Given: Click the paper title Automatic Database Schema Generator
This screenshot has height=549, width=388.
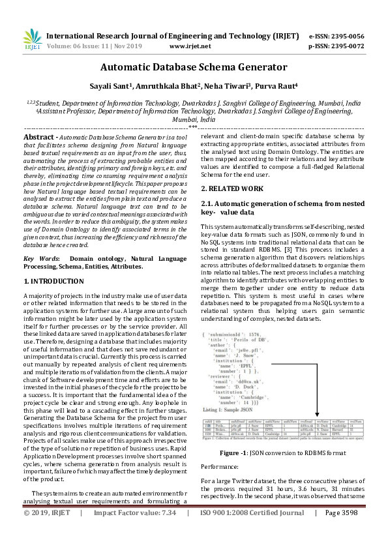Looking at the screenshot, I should pyautogui.click(x=194, y=67).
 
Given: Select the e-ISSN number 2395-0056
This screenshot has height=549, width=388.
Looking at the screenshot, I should pyautogui.click(x=345, y=37).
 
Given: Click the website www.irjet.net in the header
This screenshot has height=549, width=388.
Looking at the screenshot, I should pyautogui.click(x=190, y=47).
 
